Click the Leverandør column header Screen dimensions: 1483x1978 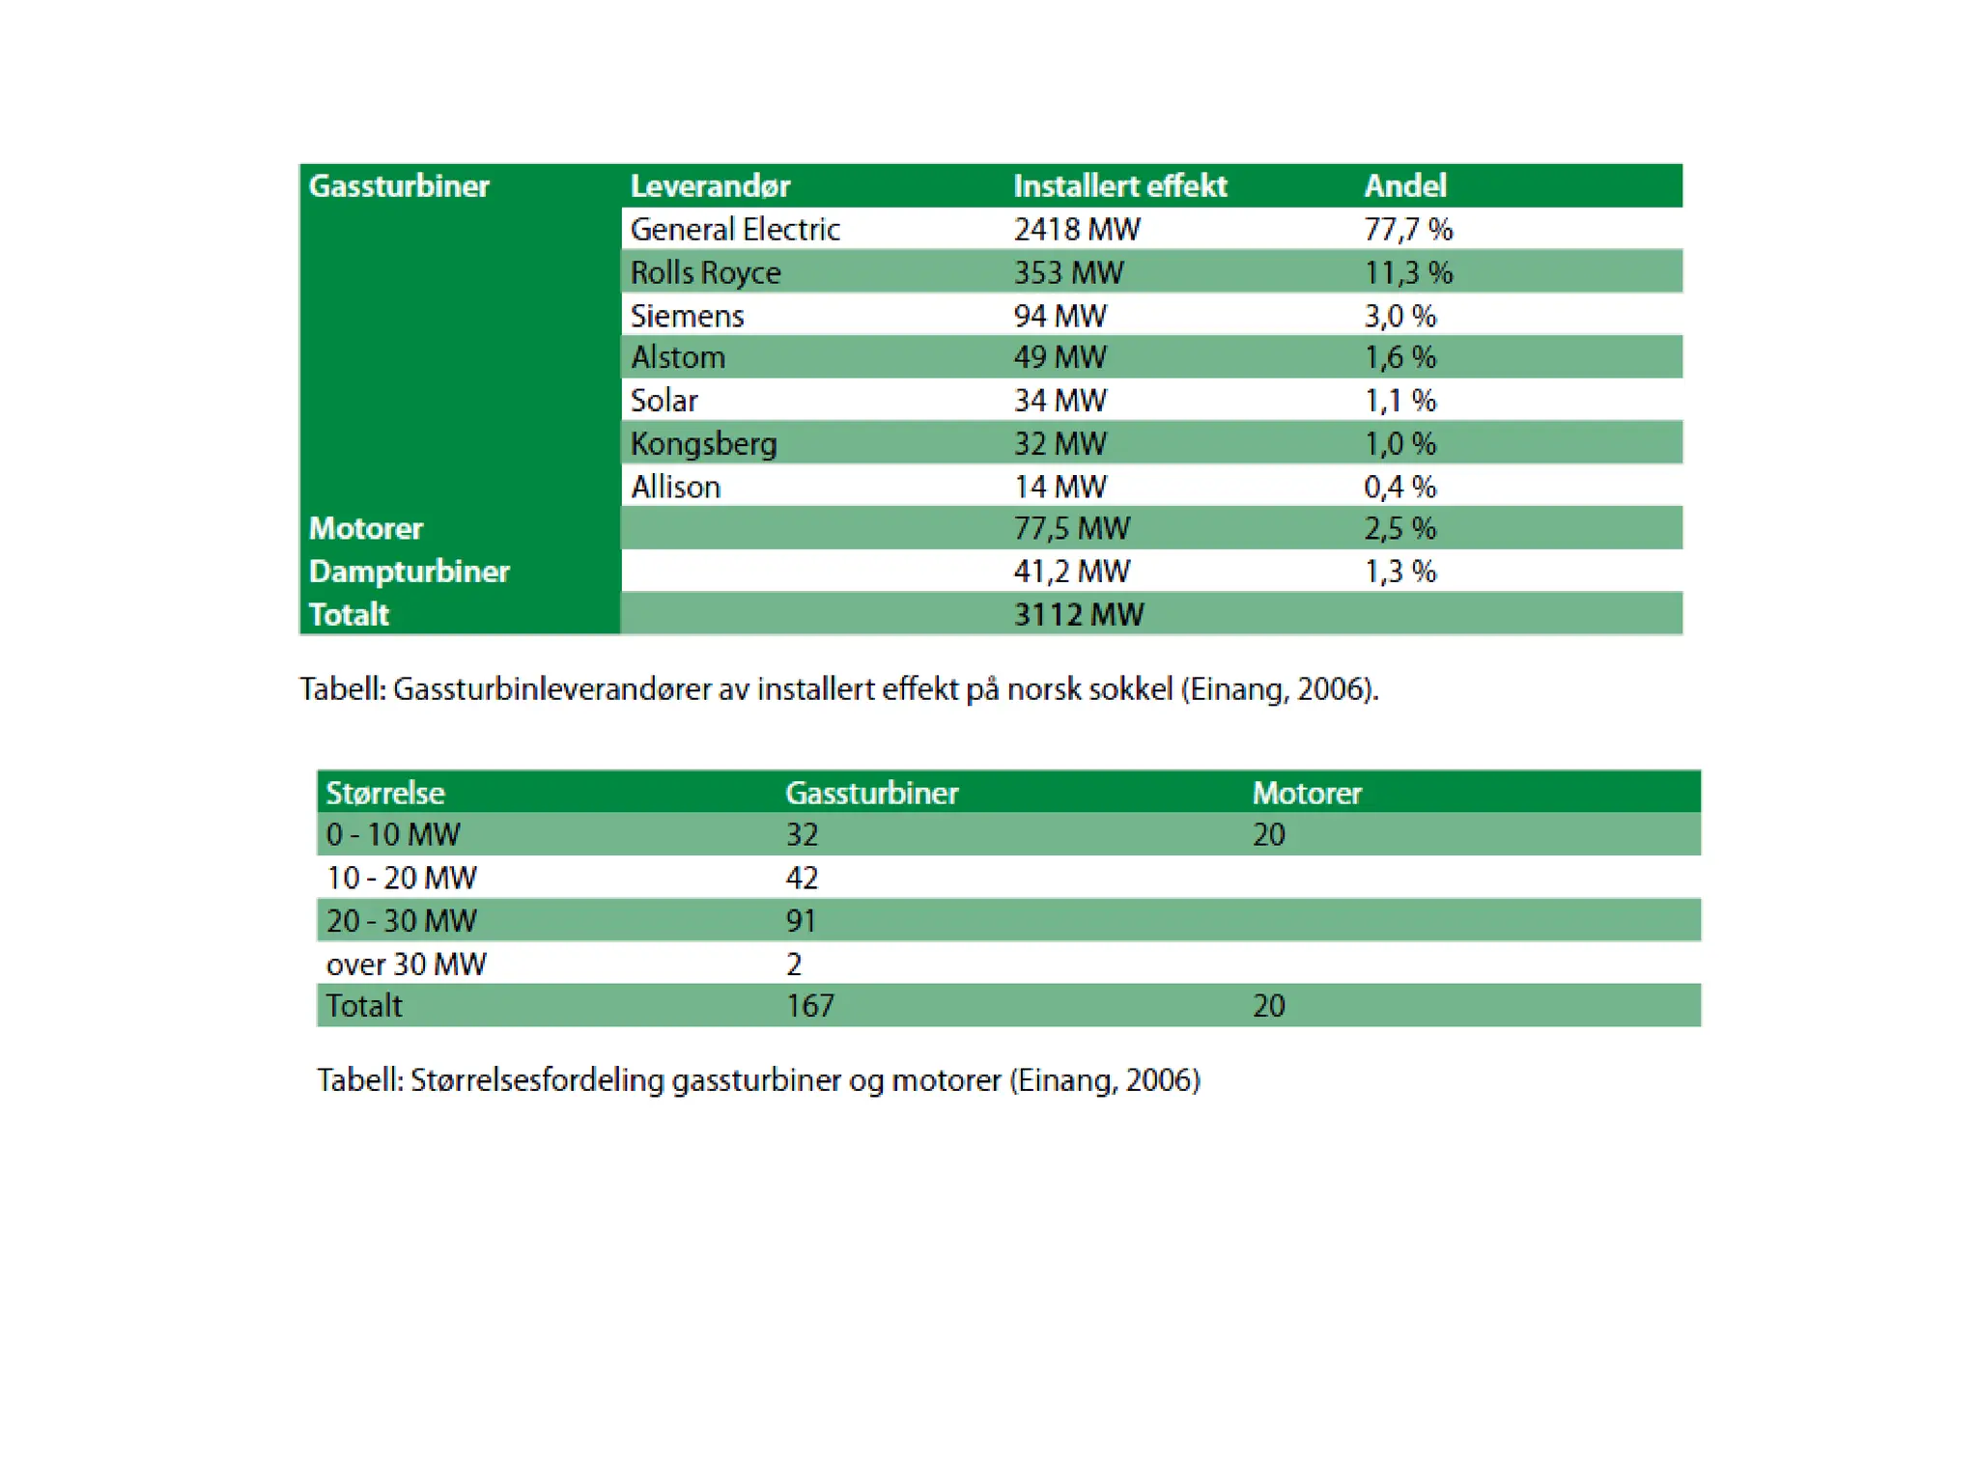tap(710, 185)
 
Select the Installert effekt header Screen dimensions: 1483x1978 tap(1119, 185)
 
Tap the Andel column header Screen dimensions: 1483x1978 tap(1404, 185)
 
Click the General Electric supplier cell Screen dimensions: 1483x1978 tap(735, 230)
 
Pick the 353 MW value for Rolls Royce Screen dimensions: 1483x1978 tap(1068, 273)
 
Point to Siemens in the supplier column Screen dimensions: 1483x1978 tap(687, 316)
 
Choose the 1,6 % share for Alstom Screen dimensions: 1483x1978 tap(1399, 358)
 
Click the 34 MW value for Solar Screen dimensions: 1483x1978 tap(1060, 401)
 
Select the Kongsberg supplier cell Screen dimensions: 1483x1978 tap(703, 444)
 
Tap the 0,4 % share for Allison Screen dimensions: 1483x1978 tap(1399, 488)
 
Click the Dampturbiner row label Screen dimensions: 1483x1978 tap(409, 572)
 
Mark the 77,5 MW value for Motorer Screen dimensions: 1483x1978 tap(1071, 529)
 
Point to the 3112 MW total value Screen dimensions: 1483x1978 tap(1078, 615)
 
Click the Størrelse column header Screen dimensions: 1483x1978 tap(385, 793)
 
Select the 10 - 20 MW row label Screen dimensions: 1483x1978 tap(401, 878)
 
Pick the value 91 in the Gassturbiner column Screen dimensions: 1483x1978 tap(801, 921)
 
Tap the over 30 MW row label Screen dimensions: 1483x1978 tap(406, 964)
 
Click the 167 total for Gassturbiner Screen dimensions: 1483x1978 tap(809, 1006)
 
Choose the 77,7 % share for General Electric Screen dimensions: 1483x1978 tap(1408, 230)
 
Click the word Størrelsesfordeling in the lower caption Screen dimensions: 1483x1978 tap(537, 1080)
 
